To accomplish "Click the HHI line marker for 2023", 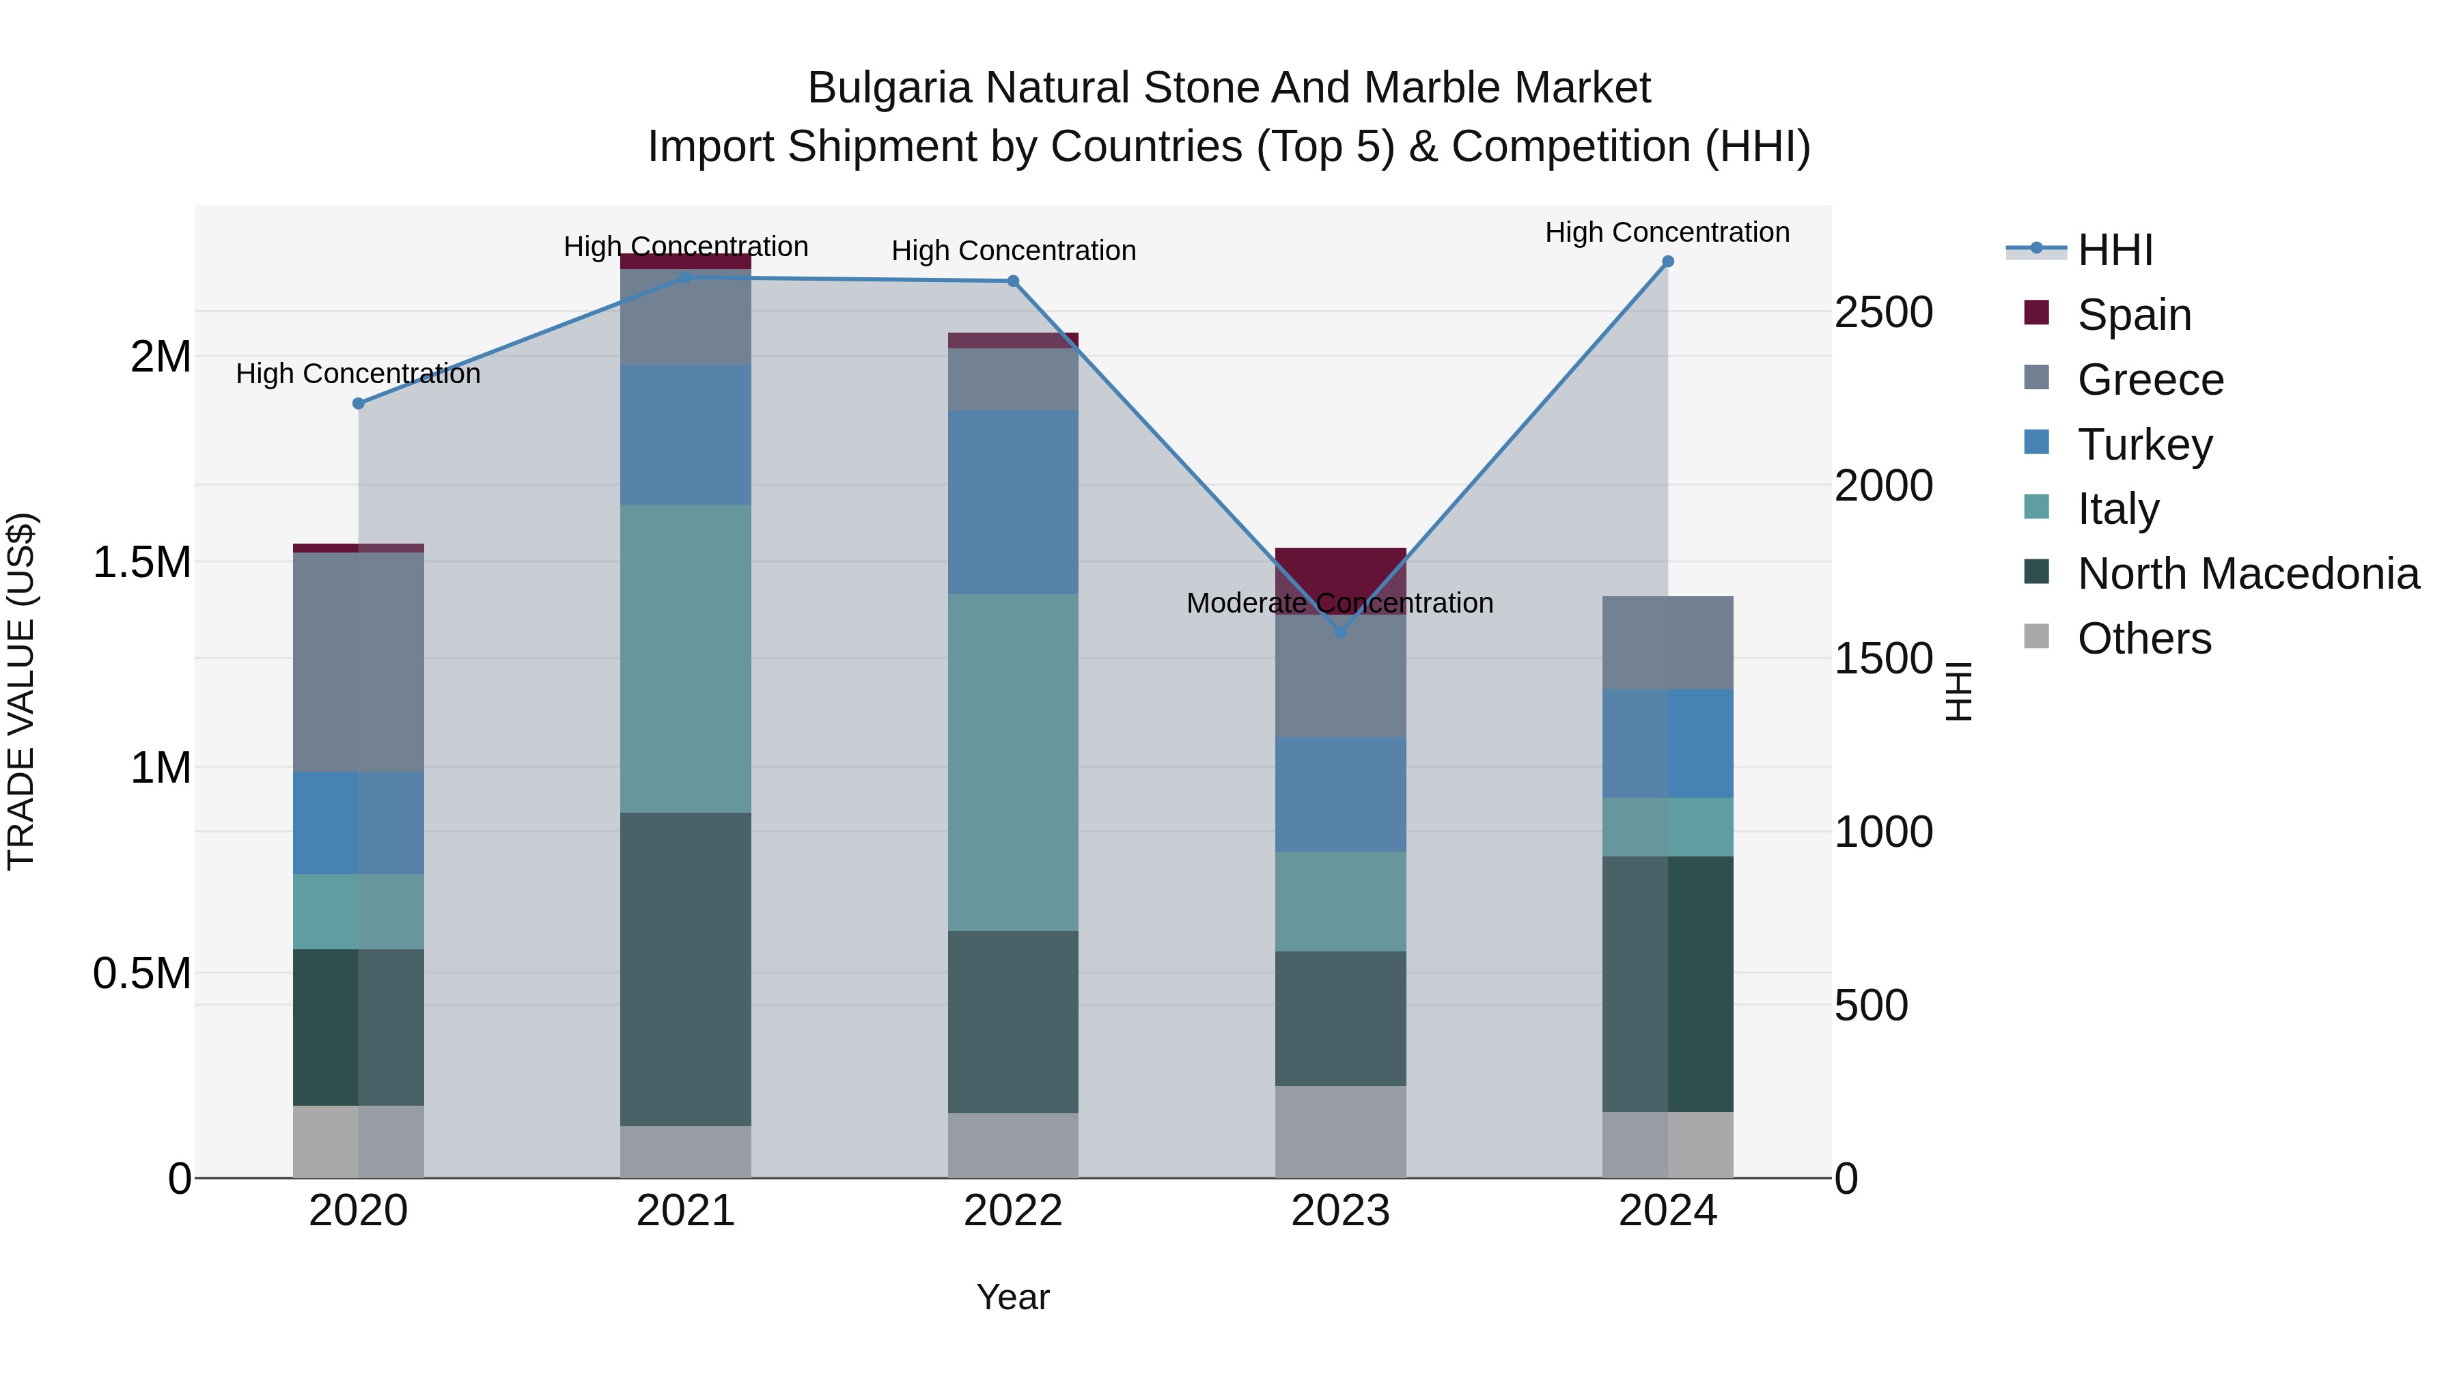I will (1339, 632).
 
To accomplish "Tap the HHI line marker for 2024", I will (1667, 262).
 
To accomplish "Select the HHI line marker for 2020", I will (358, 404).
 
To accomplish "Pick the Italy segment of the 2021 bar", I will (685, 658).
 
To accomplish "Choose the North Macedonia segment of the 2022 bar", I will (1013, 1021).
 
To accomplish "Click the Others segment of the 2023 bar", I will (1340, 1131).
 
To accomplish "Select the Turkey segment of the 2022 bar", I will (1013, 503).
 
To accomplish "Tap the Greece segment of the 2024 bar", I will (1667, 643).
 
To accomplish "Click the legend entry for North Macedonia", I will (2247, 574).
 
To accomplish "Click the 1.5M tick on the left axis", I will (141, 562).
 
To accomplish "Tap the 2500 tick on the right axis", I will (1883, 312).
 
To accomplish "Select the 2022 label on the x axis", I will (1013, 1211).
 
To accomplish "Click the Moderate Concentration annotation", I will (1339, 603).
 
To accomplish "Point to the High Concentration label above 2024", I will (1667, 232).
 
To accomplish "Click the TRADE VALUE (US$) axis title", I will (21, 691).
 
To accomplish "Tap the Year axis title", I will (1013, 1297).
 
